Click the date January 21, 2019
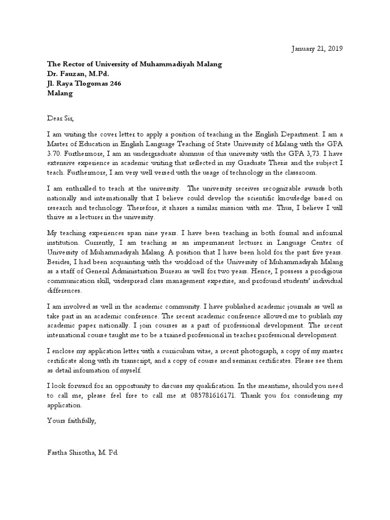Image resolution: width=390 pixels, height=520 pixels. (317, 49)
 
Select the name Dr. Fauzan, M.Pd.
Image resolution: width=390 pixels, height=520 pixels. (78, 74)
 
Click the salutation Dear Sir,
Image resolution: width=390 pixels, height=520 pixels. (60, 119)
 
